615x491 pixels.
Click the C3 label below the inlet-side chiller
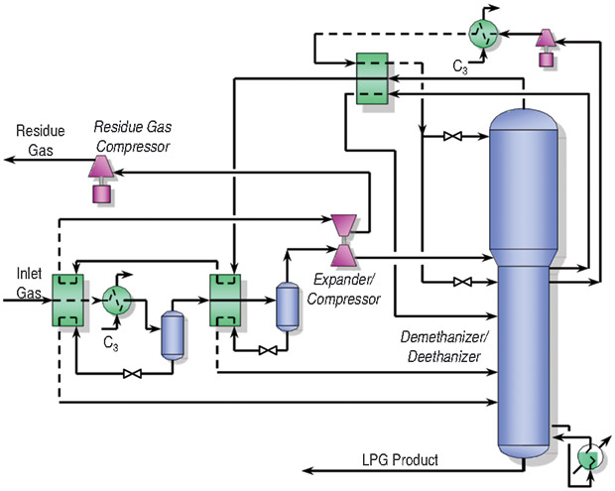point(112,341)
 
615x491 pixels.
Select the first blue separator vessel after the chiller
point(173,333)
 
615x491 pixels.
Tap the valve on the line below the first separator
point(130,374)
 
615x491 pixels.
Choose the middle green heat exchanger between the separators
point(227,297)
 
